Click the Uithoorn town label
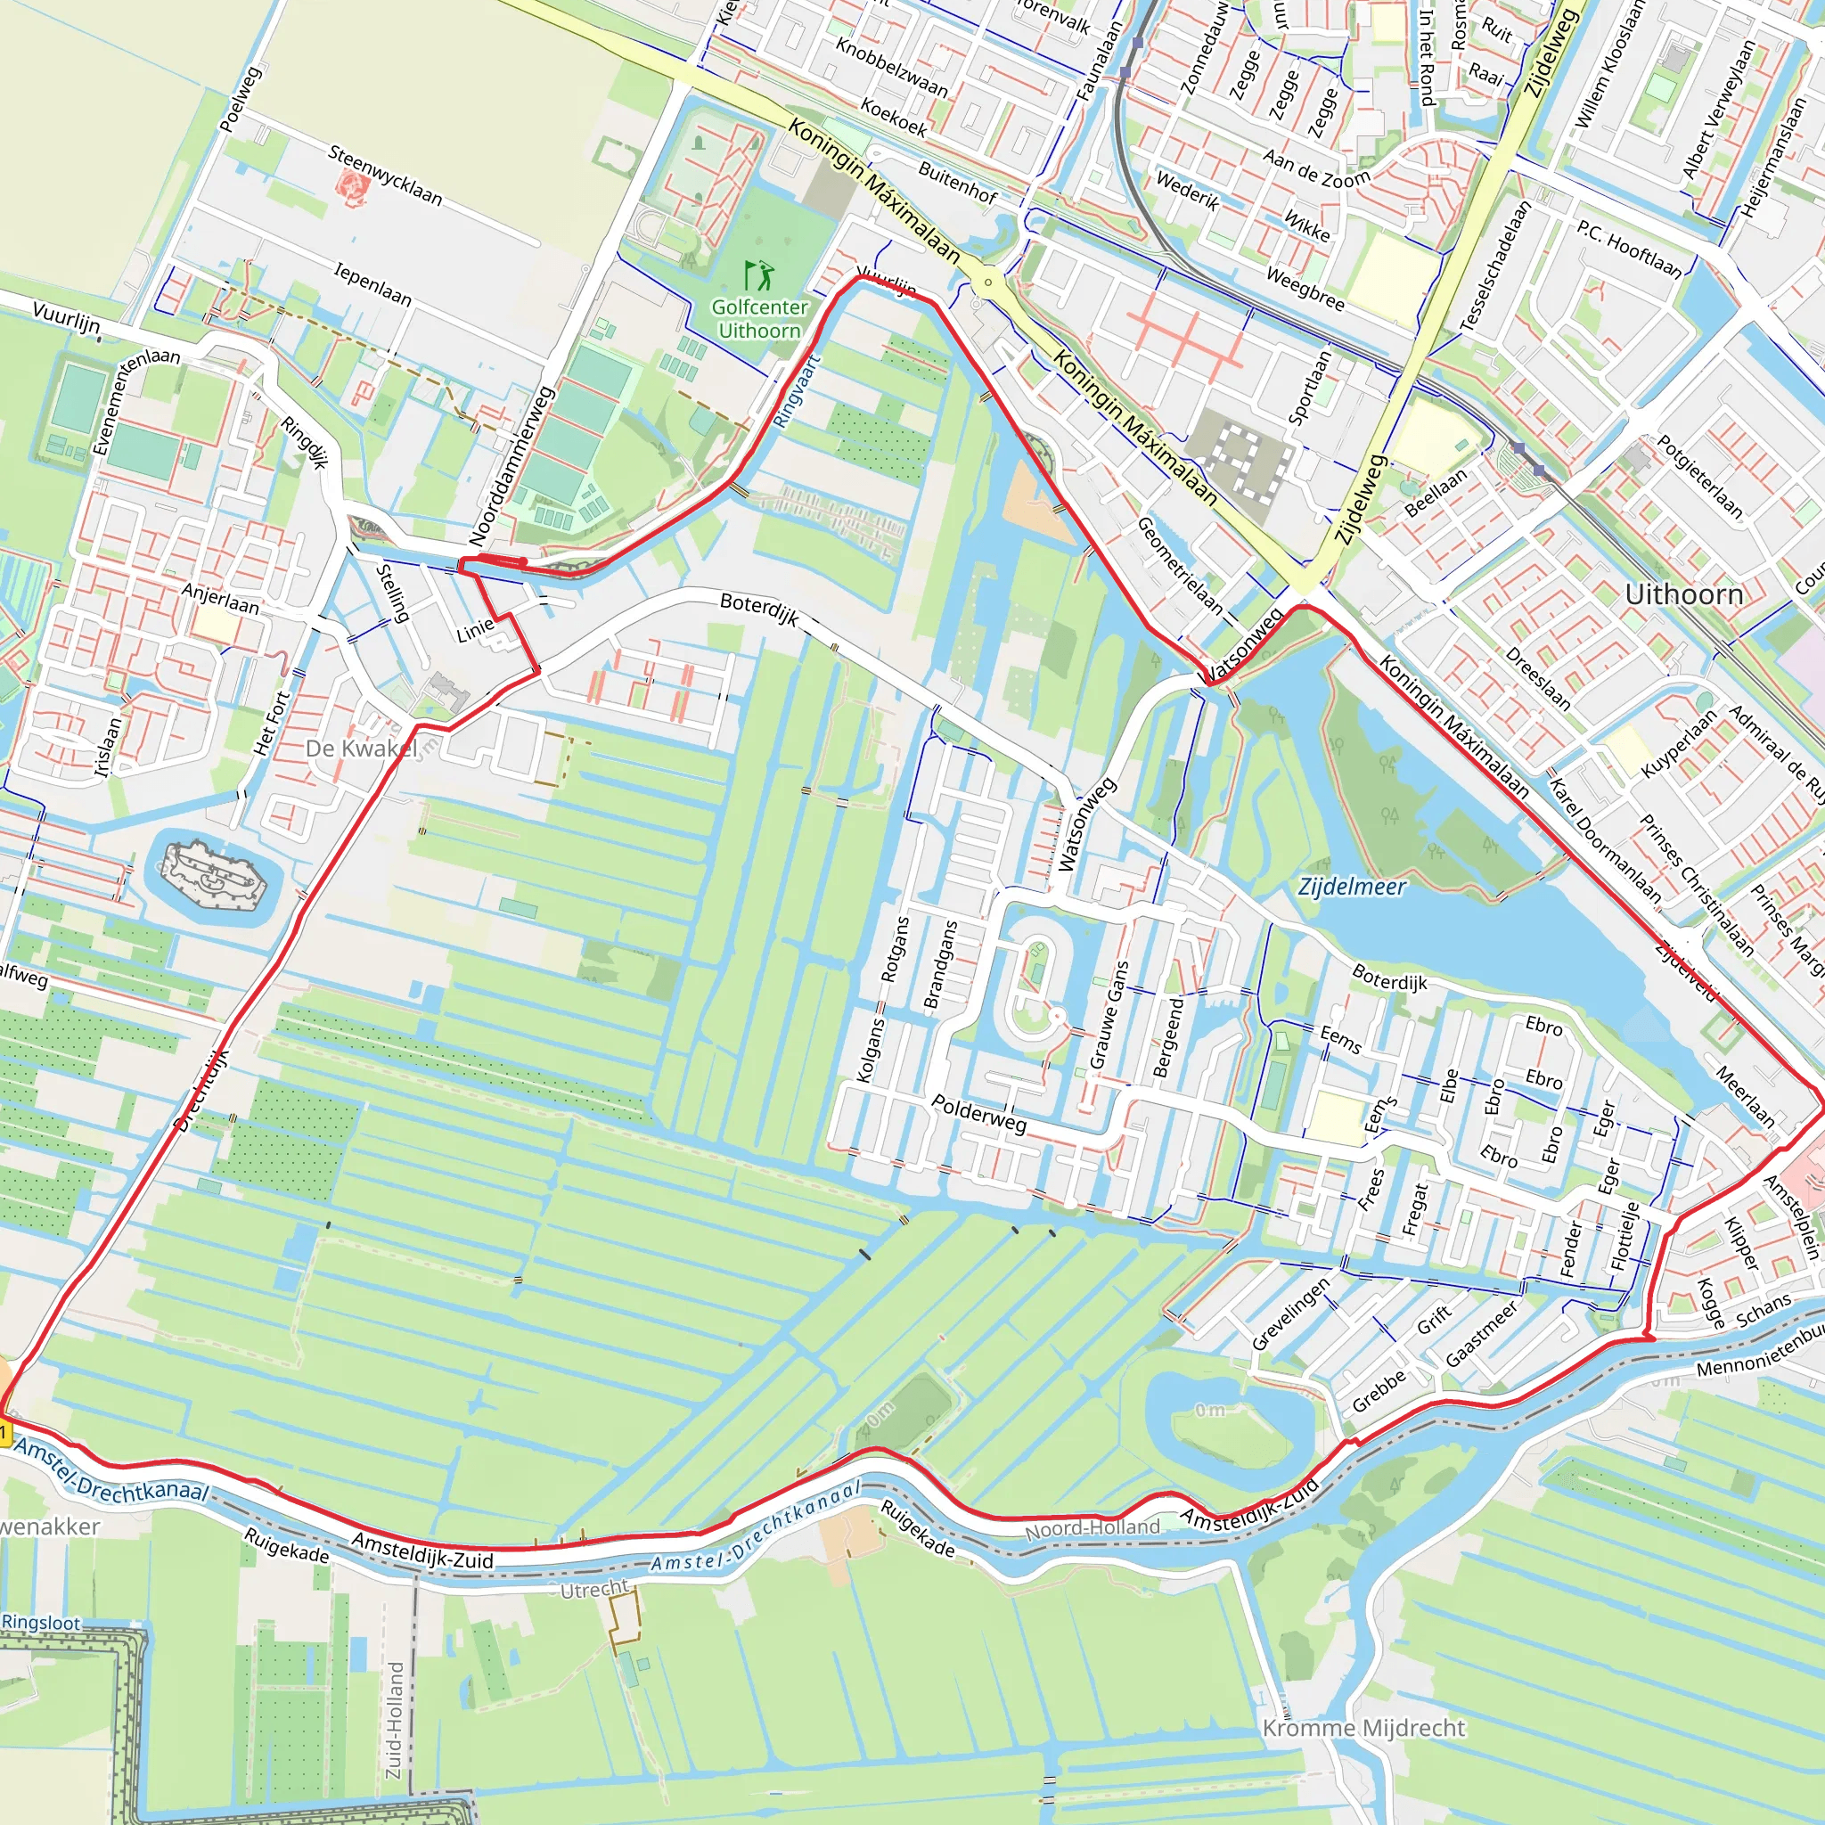[x=1683, y=594]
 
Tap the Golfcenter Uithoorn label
[x=759, y=318]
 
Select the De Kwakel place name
[x=361, y=749]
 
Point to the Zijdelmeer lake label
[x=1352, y=886]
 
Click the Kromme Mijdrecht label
[x=1363, y=1728]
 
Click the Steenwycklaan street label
[x=385, y=175]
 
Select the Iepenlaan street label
[x=373, y=284]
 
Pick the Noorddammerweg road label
[x=510, y=466]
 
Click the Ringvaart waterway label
[x=797, y=391]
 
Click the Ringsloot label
[x=41, y=1622]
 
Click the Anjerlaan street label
[x=220, y=598]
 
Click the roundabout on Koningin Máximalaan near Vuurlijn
[x=988, y=282]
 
